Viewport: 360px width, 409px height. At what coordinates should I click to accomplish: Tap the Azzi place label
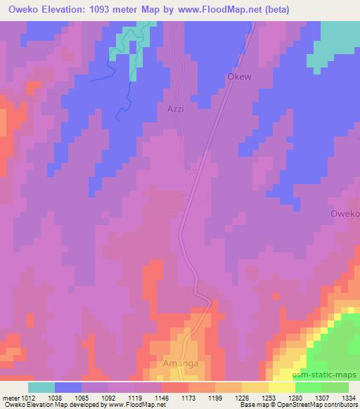tap(176, 110)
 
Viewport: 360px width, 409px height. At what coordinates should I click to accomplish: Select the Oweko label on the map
tap(345, 213)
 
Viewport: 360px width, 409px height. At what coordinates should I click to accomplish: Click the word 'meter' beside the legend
tap(11, 397)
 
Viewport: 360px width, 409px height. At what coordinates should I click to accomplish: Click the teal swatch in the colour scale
tap(41, 387)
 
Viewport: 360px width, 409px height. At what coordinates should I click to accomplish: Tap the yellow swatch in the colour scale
tap(281, 387)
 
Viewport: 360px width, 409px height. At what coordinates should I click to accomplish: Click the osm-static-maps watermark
tap(330, 375)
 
